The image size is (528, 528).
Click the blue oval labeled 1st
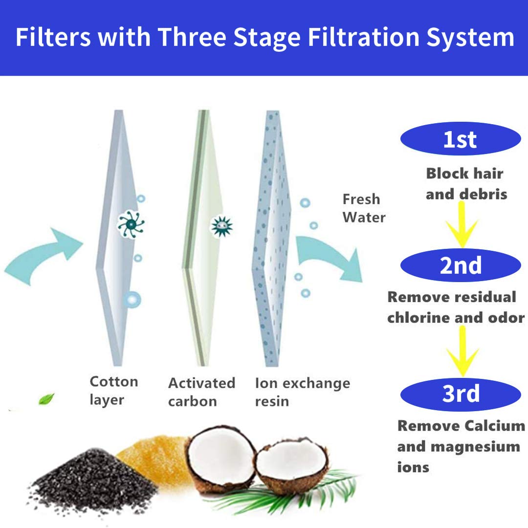[x=461, y=139]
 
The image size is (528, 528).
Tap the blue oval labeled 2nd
[x=461, y=265]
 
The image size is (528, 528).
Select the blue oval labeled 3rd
[x=461, y=394]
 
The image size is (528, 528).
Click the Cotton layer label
[x=113, y=391]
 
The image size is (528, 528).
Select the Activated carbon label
[x=201, y=392]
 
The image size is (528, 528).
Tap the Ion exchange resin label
[x=302, y=392]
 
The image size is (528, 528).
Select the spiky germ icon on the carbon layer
[x=221, y=225]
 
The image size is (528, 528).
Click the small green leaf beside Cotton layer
[x=47, y=399]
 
